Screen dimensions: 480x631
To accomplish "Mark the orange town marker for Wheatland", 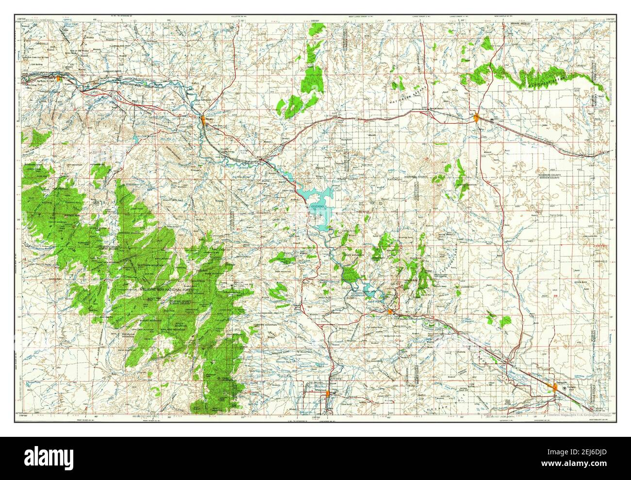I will click(x=329, y=393).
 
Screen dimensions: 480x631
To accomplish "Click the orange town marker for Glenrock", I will click(x=59, y=78).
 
